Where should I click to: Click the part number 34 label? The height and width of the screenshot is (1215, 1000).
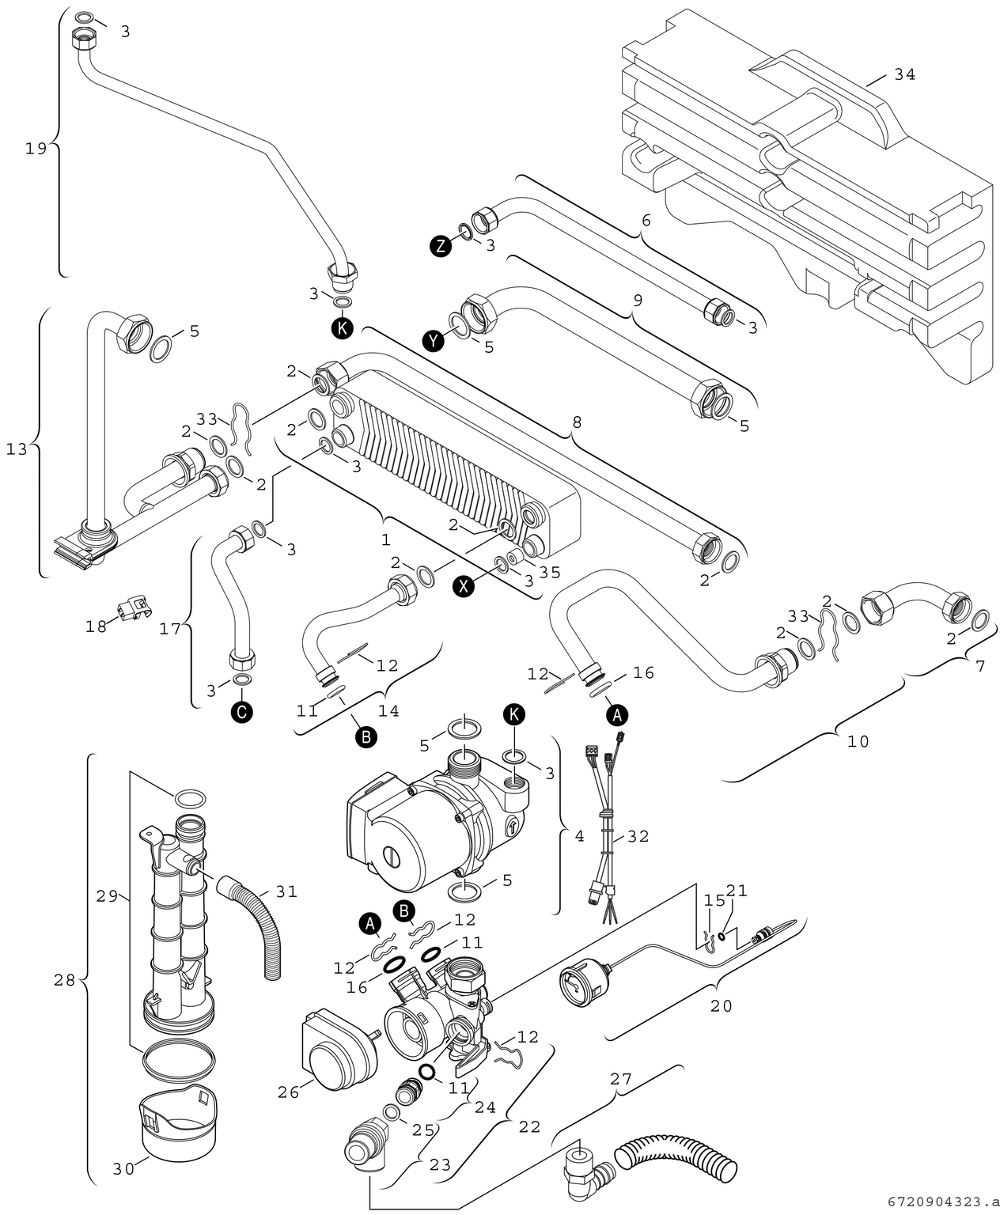coord(904,74)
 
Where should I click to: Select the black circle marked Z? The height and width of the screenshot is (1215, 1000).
coord(440,245)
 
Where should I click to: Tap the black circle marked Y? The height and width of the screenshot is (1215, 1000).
coord(432,341)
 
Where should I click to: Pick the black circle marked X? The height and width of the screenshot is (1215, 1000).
coord(465,585)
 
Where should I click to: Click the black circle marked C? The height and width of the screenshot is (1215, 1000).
coord(242,712)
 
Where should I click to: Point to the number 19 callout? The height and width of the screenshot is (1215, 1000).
coord(36,148)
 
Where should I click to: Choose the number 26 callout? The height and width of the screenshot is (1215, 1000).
coord(289,1092)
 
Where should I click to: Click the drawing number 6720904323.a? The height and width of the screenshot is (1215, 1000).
coord(937,1201)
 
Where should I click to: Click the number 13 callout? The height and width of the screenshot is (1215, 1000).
coord(17,449)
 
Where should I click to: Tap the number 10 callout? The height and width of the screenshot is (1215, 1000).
coord(858,741)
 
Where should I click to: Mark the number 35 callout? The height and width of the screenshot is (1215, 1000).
coord(549,571)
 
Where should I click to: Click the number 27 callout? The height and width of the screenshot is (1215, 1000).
coord(621,1078)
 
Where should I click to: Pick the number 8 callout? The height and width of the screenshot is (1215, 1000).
coord(577,423)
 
